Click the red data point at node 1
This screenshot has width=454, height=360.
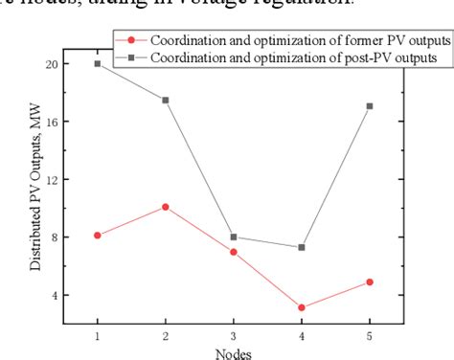pos(98,235)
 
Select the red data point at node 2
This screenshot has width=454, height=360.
pos(166,207)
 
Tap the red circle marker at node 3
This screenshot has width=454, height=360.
pos(234,252)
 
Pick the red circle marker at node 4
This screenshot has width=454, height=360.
pos(302,307)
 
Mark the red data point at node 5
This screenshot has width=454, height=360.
pos(370,281)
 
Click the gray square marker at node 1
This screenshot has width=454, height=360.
pos(98,63)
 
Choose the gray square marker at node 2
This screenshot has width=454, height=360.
pos(166,100)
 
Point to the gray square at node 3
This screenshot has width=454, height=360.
pos(234,236)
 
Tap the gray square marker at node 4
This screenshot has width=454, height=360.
pos(302,247)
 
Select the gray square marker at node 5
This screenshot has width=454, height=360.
pos(370,105)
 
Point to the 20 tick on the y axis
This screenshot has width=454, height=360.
pos(51,64)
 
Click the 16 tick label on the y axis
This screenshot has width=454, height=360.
pos(51,122)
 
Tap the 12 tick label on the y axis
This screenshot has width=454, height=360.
pos(51,179)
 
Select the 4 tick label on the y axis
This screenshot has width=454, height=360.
pos(54,295)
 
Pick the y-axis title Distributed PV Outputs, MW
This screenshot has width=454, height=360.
pos(34,192)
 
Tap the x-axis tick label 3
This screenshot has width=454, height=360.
pos(234,336)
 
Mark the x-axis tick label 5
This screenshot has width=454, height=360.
pos(370,336)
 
